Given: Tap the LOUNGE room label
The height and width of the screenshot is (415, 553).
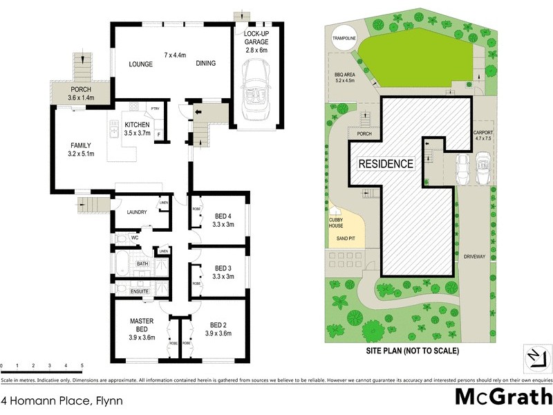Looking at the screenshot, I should point(140,64).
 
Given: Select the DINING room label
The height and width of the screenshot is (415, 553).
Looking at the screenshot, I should point(205,64).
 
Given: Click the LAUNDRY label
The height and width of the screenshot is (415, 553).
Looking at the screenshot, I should point(135,212).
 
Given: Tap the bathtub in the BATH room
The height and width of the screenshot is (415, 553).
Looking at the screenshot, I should point(123,264).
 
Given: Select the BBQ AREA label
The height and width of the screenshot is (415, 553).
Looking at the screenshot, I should point(344,76).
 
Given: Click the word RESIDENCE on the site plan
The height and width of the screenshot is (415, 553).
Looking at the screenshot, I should point(386,165).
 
